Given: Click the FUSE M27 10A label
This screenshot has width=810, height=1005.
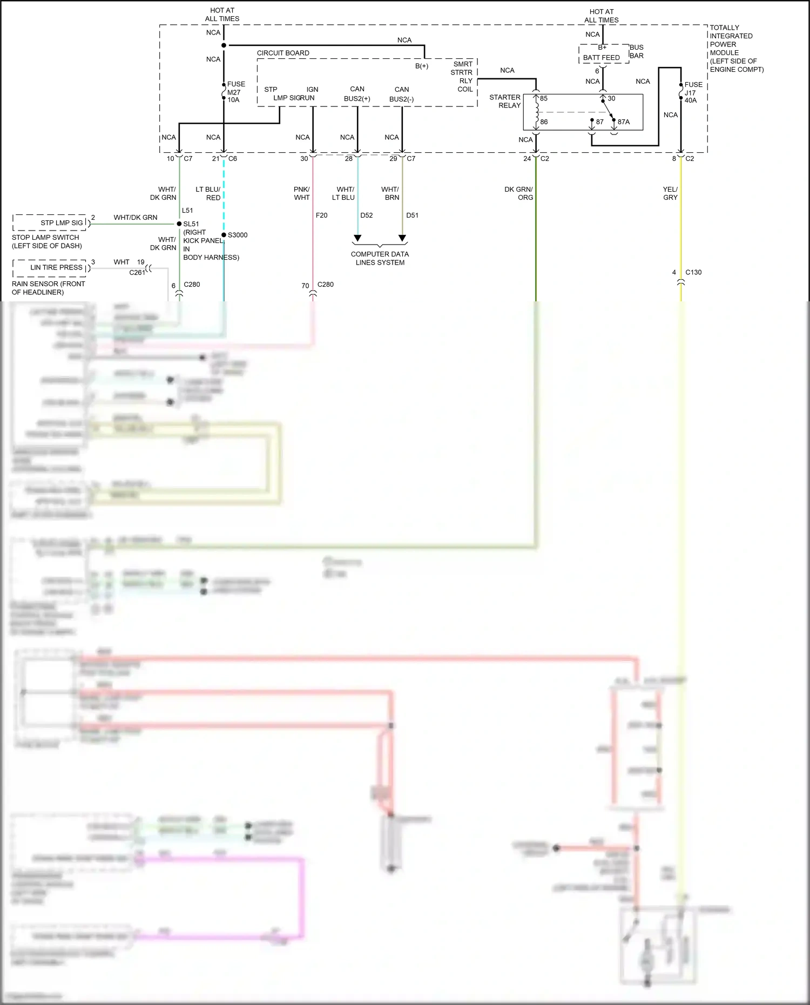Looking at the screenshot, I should point(235,92).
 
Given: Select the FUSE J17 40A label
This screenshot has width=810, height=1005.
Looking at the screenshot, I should point(693,92).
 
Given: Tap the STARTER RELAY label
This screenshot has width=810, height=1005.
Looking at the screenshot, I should point(505,101).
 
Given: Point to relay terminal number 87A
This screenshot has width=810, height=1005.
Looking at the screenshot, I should point(623,122).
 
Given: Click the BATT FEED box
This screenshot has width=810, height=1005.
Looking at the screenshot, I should point(602,57).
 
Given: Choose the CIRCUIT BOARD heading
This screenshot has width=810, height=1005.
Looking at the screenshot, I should point(283,53).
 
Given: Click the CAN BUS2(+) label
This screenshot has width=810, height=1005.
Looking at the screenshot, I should point(357,94).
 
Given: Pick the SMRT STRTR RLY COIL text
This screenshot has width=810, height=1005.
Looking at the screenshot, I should point(462,77).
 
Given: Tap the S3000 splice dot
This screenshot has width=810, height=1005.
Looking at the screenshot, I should point(224,235).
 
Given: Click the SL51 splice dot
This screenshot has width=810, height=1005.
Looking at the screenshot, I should point(179,224).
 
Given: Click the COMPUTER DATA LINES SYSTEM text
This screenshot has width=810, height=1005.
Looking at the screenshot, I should point(380,258).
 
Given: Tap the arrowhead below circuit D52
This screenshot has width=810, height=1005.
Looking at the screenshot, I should point(357,238).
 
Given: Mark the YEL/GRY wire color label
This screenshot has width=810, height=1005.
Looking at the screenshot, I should point(670,193).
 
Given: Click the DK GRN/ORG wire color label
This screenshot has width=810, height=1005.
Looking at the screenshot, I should point(518,193).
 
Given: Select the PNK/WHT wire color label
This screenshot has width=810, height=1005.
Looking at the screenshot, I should point(302,193).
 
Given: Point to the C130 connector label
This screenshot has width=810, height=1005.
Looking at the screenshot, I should point(693,272).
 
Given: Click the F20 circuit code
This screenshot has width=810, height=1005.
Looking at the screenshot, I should point(321,215).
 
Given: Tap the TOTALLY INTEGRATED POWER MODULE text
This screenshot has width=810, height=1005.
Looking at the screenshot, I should point(735,48).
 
